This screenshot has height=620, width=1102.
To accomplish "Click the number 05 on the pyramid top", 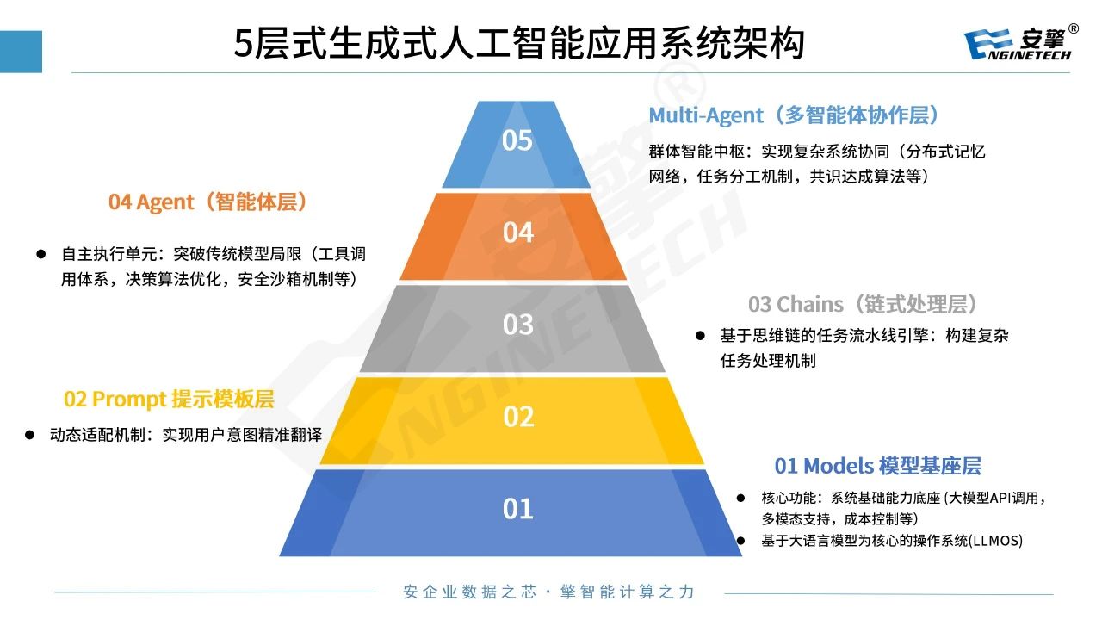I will click(x=517, y=140).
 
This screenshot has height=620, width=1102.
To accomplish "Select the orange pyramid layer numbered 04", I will click(x=517, y=233).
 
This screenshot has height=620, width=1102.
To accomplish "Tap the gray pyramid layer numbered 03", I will click(x=517, y=325).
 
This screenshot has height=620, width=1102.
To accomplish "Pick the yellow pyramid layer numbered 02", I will click(x=517, y=418).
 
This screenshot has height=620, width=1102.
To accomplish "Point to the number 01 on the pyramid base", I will click(x=517, y=510).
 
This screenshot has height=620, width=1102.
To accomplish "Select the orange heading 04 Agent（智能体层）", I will click(x=208, y=202).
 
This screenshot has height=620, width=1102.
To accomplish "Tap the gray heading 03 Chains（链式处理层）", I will click(x=864, y=304).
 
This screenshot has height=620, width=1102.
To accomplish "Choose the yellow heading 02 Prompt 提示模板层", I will click(x=169, y=400).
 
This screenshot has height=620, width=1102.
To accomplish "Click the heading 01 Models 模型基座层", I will click(x=877, y=466).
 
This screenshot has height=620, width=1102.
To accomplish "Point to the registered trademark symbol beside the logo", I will click(x=1074, y=28).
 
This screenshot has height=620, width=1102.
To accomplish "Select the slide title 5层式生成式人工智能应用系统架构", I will click(x=519, y=43).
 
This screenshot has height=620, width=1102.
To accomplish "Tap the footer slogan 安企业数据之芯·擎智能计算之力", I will click(x=548, y=592).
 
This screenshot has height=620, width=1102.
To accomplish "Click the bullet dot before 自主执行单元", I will click(x=40, y=254).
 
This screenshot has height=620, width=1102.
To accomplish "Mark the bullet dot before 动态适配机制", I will click(x=28, y=435).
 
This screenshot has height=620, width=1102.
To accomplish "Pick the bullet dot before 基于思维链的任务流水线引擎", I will click(x=700, y=336).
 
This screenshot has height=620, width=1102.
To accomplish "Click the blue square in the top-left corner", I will click(x=21, y=52).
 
